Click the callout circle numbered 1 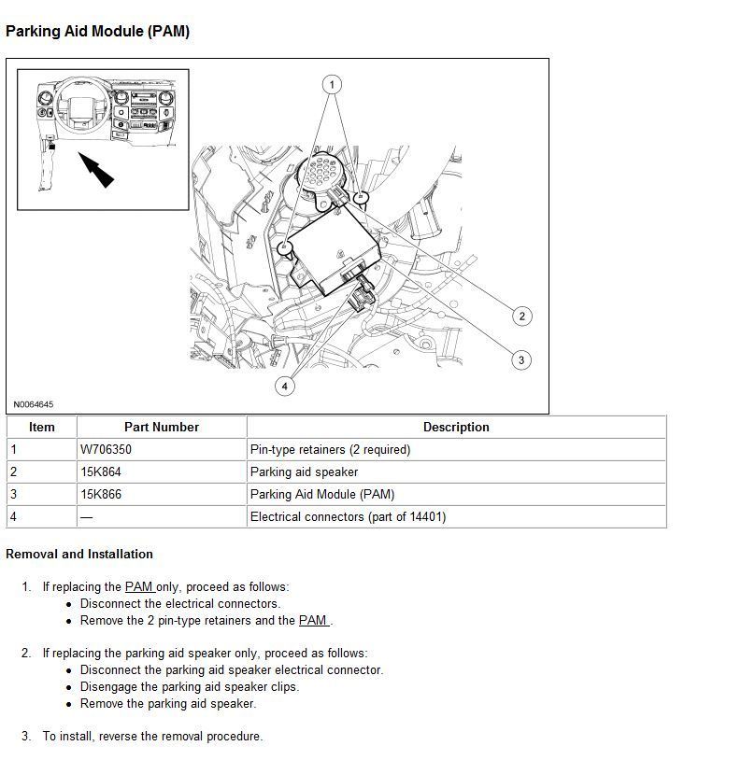point(331,85)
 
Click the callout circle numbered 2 point(521,316)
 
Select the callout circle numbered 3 point(521,359)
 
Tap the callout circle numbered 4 point(285,385)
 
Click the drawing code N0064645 point(34,404)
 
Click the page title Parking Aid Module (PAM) point(97,32)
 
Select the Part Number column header point(162,427)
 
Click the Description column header point(456,427)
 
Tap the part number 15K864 point(101,471)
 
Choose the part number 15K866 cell point(101,494)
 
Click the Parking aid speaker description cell point(305,471)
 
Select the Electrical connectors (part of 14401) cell point(348,516)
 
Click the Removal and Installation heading point(79,554)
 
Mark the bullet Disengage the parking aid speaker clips point(190,686)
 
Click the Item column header point(42,427)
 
